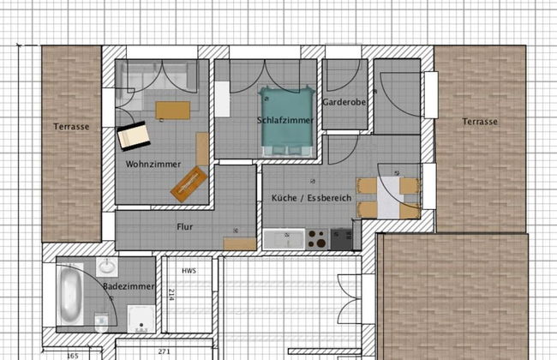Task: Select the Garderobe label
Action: [x=344, y=102]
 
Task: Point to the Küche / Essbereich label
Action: [x=312, y=198]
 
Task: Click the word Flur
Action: [x=185, y=229]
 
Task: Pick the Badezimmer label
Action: [x=128, y=285]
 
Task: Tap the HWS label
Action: [x=189, y=271]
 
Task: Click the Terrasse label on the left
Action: [x=71, y=127]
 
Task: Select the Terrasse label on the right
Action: [x=480, y=122]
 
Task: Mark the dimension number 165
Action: [x=73, y=354]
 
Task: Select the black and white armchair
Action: [x=134, y=135]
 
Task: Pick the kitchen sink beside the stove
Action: [x=283, y=238]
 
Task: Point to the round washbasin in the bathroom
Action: [x=106, y=266]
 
